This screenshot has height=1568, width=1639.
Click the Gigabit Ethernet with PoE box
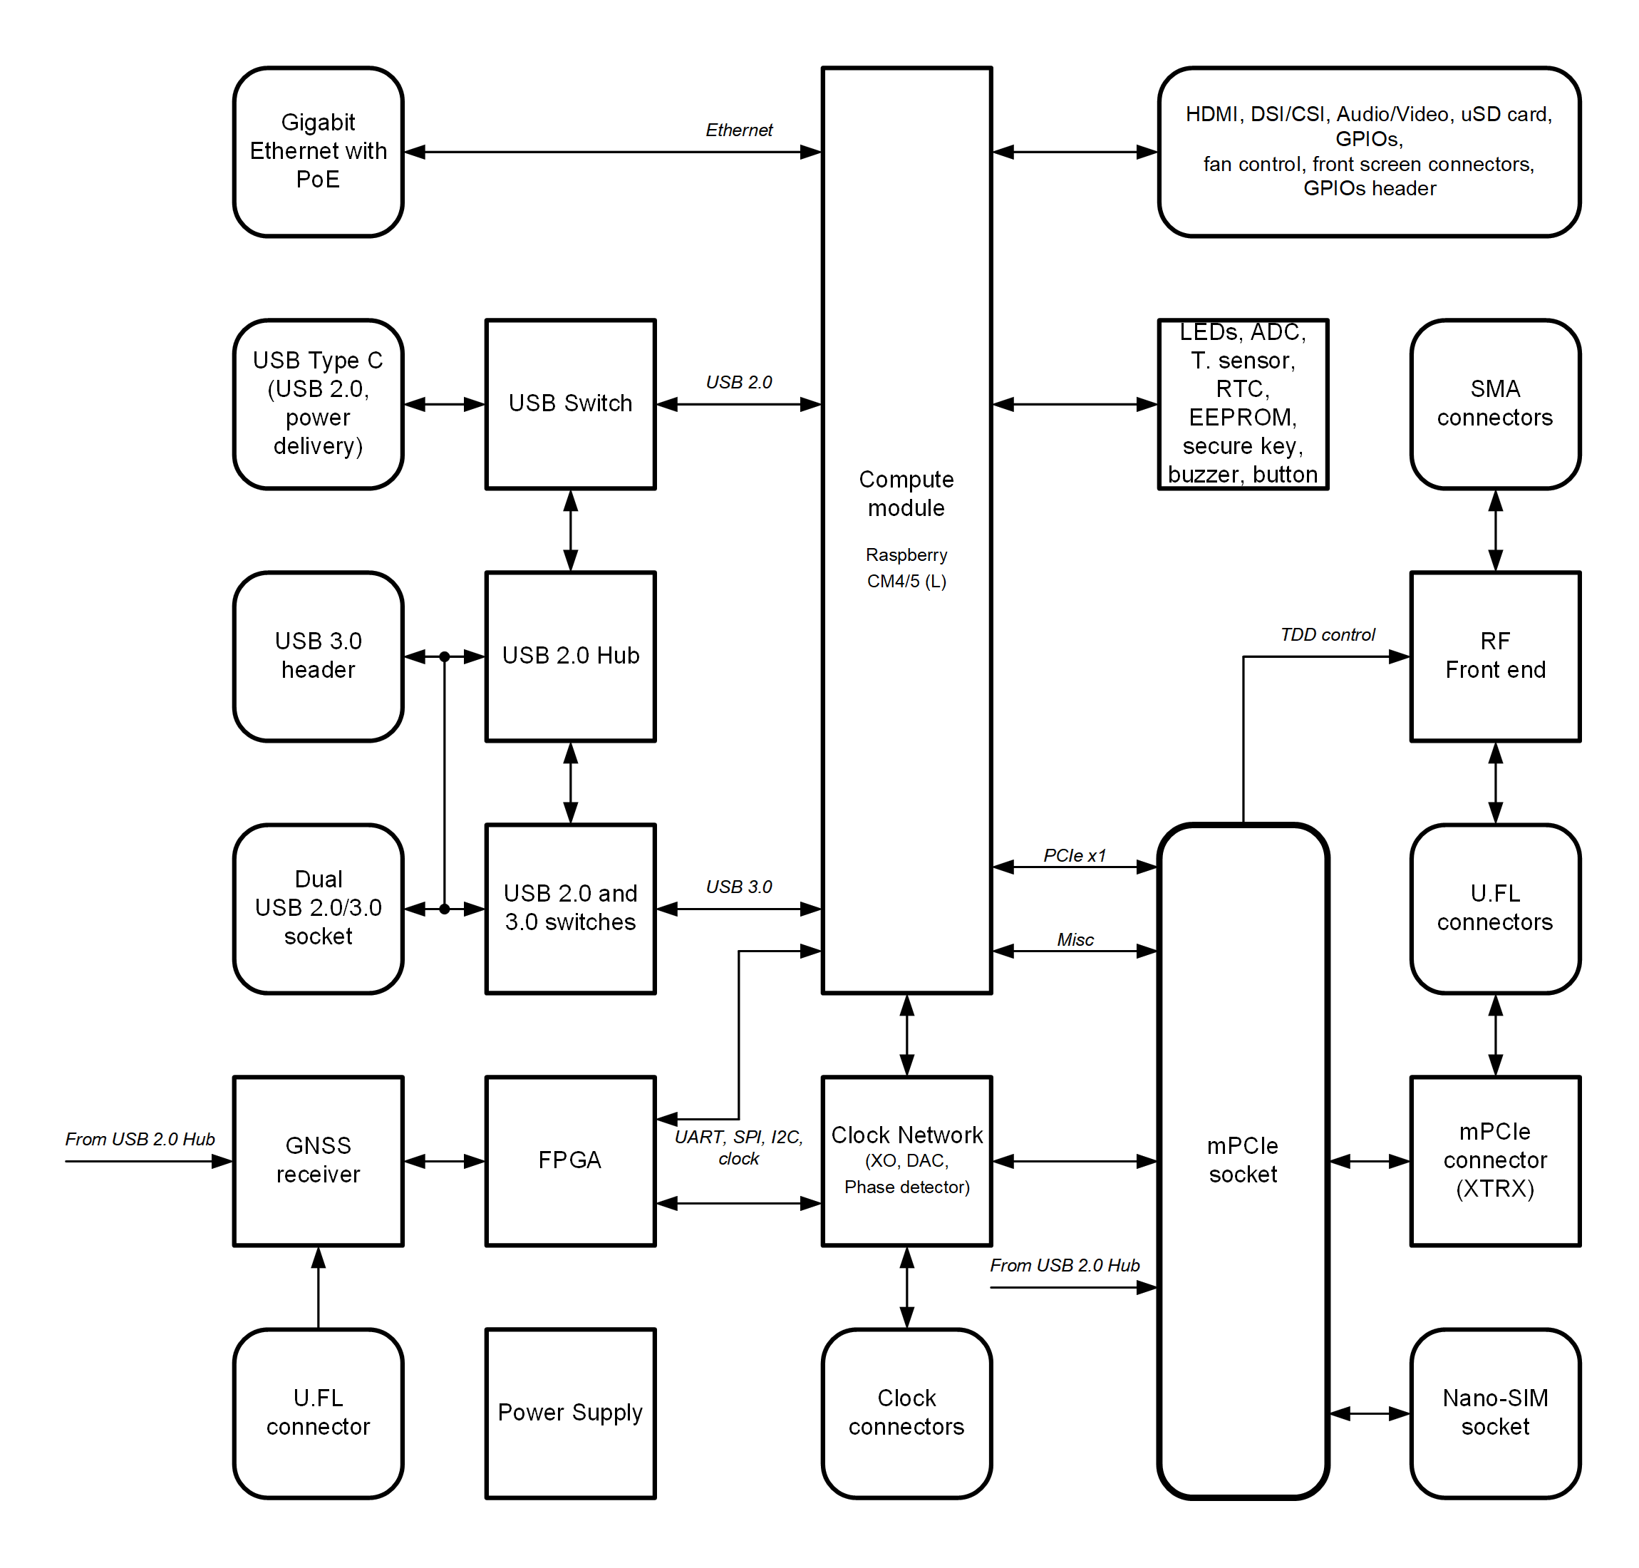click(x=319, y=151)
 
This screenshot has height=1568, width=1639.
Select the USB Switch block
click(x=570, y=403)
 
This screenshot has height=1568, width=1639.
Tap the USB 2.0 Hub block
click(x=570, y=656)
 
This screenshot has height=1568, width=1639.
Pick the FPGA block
click(x=570, y=1160)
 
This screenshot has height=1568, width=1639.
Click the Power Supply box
click(x=570, y=1413)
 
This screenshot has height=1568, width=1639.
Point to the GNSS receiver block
click(x=319, y=1160)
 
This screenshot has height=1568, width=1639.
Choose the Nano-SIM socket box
click(x=1494, y=1413)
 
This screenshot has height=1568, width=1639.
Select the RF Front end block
click(x=1494, y=656)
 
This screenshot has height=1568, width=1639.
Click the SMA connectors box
click(x=1494, y=403)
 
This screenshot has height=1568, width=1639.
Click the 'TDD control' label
click(x=1328, y=634)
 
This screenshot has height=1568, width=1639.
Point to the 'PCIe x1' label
click(x=1074, y=855)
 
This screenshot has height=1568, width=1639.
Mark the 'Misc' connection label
click(x=1075, y=939)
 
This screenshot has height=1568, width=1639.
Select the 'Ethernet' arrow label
click(x=739, y=130)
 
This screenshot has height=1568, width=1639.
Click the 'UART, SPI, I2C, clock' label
click(x=739, y=1147)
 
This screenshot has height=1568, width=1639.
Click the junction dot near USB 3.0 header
click(x=445, y=657)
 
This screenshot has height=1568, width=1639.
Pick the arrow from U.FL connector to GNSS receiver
click(x=319, y=1287)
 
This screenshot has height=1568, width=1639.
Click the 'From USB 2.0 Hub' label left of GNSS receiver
click(x=140, y=1138)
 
